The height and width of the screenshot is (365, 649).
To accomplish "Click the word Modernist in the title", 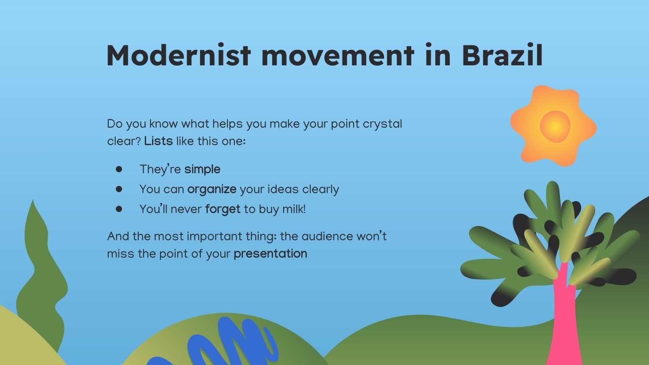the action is click(178, 55).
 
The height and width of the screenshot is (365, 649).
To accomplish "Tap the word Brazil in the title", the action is click(502, 55).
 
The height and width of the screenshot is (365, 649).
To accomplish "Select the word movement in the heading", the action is click(338, 55).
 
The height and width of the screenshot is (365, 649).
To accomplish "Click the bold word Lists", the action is click(158, 142).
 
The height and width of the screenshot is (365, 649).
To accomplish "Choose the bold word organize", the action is click(212, 189).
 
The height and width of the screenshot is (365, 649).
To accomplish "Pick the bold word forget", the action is click(223, 209).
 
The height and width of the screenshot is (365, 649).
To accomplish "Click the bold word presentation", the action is click(270, 254).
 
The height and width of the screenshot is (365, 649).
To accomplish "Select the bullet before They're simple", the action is click(119, 169).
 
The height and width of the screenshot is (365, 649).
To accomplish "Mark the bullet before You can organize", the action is click(119, 189).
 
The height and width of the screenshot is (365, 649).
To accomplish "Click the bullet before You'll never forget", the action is click(119, 209).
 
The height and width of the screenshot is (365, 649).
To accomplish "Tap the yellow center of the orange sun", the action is click(555, 127).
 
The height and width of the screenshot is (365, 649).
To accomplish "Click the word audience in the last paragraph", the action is click(327, 236).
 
